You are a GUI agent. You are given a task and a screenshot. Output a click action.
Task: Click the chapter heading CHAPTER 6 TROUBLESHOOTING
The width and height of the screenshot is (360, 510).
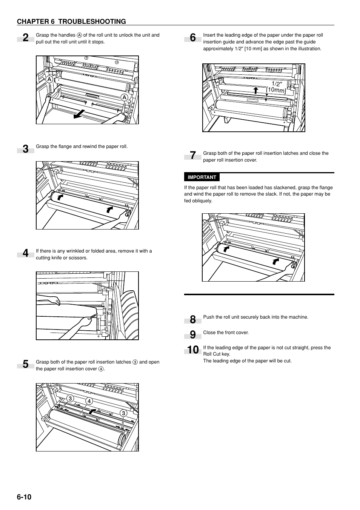click(71, 22)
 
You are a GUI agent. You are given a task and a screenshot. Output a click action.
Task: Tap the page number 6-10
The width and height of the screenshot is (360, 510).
click(24, 497)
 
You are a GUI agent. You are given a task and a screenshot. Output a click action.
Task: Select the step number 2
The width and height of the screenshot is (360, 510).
click(25, 38)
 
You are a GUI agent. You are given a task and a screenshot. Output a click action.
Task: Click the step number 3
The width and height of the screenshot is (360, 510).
click(25, 149)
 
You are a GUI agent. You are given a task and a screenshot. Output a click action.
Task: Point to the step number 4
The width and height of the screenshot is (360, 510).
click(25, 253)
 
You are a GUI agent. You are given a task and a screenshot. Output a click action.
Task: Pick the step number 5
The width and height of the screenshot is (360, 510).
click(25, 364)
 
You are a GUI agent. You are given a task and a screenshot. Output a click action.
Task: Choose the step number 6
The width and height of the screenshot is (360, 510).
click(193, 38)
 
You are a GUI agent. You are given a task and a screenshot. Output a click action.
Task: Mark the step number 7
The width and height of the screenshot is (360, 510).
click(193, 156)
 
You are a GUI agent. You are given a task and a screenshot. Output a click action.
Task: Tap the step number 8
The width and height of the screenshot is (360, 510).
click(193, 320)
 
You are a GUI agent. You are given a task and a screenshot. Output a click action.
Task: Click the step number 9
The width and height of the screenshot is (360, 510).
click(193, 335)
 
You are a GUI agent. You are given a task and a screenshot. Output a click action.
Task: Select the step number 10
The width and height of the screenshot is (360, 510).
click(193, 350)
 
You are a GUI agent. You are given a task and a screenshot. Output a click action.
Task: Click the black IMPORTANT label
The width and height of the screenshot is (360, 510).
click(202, 177)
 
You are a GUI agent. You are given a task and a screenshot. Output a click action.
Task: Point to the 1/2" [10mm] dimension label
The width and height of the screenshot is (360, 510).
click(277, 87)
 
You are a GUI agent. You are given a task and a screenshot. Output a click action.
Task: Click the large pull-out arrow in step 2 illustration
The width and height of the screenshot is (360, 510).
click(79, 114)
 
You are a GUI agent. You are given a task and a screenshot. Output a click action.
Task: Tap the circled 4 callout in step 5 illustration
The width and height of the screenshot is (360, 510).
click(89, 401)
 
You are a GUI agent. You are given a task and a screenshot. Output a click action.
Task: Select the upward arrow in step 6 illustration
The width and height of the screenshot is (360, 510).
click(255, 90)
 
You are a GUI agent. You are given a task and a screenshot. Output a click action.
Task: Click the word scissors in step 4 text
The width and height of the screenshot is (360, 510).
click(78, 258)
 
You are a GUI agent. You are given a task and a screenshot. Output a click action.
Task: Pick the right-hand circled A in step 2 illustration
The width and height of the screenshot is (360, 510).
click(123, 97)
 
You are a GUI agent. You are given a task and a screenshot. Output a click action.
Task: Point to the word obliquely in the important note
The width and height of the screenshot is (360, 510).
click(202, 201)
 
